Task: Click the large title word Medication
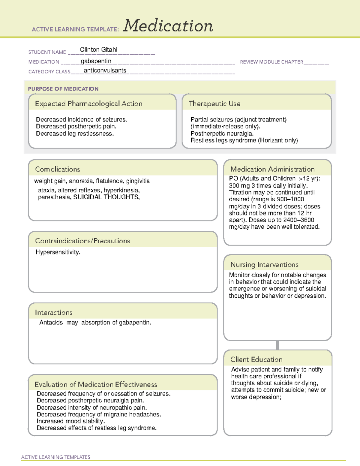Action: tap(168, 26)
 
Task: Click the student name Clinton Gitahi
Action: tap(98, 50)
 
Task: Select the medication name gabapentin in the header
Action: tap(96, 61)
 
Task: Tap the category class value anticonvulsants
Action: tap(105, 71)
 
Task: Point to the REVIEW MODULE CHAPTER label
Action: tap(271, 62)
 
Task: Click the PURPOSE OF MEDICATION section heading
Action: tap(63, 89)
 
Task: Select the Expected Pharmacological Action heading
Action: tap(88, 104)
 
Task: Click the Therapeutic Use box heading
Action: tap(214, 104)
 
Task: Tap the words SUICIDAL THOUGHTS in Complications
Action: tap(106, 197)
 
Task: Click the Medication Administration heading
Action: tap(272, 169)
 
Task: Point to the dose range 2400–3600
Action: tap(298, 220)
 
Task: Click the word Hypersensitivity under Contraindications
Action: tap(58, 252)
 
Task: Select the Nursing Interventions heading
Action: tap(264, 265)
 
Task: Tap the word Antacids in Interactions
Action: tap(51, 323)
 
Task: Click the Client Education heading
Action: tap(256, 359)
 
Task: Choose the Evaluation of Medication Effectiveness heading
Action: tap(96, 384)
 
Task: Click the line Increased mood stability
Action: tap(71, 421)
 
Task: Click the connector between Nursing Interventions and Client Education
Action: tap(277, 345)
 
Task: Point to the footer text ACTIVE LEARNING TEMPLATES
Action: tap(56, 457)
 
